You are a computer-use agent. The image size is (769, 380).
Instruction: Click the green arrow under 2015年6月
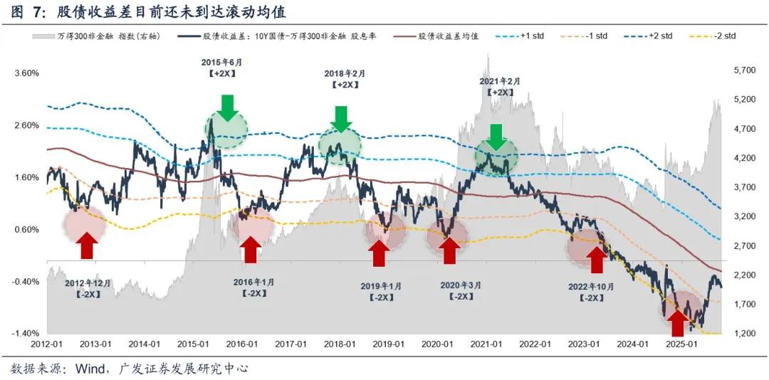(226, 107)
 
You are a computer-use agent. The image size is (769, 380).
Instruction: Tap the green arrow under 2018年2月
(341, 118)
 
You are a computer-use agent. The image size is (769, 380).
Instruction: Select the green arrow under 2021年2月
(496, 137)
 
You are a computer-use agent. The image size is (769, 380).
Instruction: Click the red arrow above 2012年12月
(87, 246)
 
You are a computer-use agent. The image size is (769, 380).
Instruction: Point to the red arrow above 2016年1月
(250, 250)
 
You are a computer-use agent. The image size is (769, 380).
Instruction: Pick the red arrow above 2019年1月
(379, 253)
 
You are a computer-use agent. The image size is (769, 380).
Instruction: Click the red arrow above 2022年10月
(595, 259)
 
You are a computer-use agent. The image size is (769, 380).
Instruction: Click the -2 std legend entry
(720, 36)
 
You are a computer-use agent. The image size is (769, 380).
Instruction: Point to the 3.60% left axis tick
(26, 73)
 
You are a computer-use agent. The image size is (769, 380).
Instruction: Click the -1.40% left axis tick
(26, 334)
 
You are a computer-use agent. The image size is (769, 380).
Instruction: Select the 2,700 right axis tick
(743, 246)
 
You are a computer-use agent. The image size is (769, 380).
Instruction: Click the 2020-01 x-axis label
(438, 344)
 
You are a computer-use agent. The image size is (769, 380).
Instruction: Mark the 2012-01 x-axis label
(47, 344)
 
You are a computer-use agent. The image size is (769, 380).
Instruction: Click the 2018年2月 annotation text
(344, 73)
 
